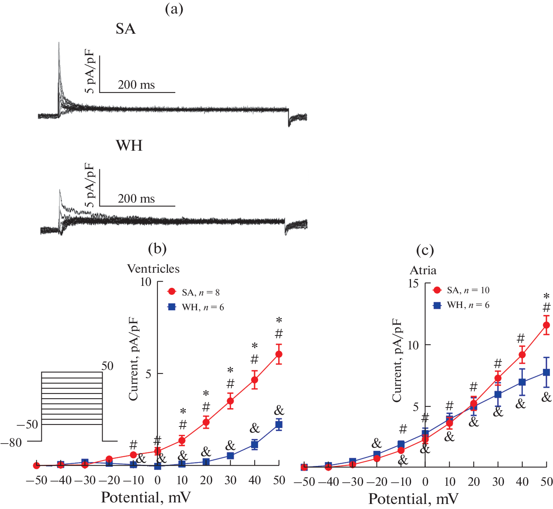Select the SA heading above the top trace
(125, 29)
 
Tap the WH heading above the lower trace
(129, 145)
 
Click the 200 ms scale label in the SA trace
(136, 84)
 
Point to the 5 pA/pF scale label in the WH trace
(90, 185)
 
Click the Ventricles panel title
(153, 268)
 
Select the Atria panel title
(423, 270)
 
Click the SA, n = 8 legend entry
(193, 292)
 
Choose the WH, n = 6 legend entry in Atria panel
(461, 305)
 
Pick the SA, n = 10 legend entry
(461, 290)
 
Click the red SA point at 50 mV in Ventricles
(279, 354)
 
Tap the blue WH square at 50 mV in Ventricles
(279, 425)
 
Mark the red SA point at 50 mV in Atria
(546, 325)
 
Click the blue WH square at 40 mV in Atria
(522, 382)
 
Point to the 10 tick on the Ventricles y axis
(146, 282)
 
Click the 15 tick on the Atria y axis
(413, 284)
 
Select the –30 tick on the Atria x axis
(352, 482)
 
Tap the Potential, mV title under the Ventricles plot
(146, 497)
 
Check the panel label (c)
(425, 250)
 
